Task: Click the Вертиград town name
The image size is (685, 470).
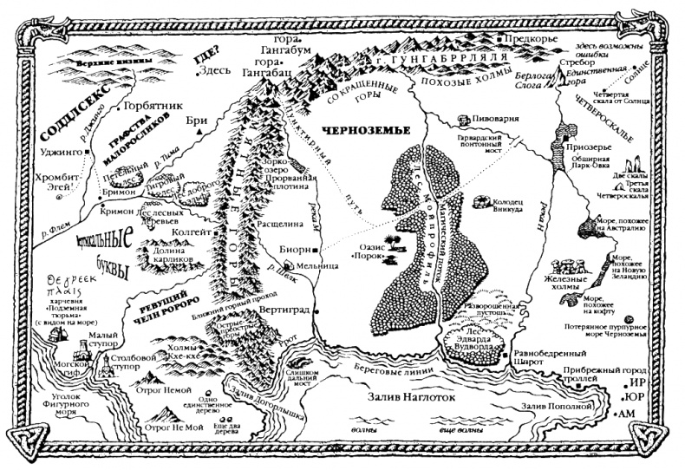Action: click(x=283, y=310)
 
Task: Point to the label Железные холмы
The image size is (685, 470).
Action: click(x=590, y=287)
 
